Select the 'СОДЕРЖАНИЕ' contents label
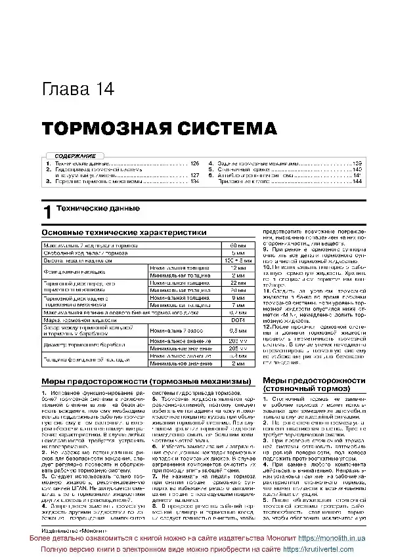coord(65,155)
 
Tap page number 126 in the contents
coord(194,163)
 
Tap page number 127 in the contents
coord(194,175)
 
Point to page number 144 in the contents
coord(357,181)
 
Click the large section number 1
coord(47,211)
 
